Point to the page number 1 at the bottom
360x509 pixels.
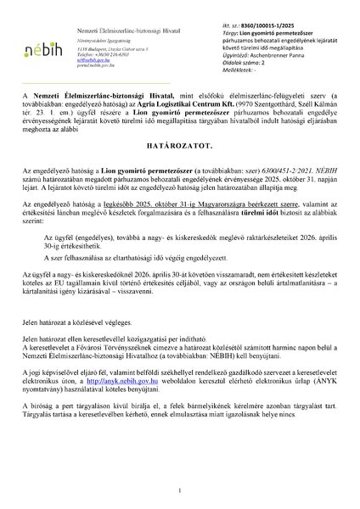[x=179, y=489]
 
